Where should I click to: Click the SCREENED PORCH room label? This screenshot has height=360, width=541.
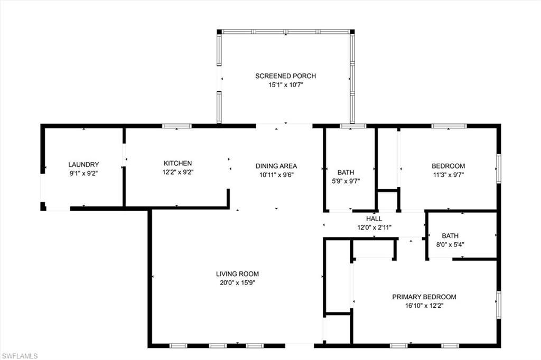pos(285,76)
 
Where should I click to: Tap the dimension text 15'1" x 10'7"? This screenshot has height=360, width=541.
pos(285,84)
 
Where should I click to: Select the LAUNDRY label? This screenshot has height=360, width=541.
pos(83,165)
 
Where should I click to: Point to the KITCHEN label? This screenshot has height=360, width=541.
pos(178,164)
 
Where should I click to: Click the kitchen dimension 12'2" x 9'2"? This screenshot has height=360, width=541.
pos(178,172)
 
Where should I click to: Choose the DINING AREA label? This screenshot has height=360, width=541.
pos(276,165)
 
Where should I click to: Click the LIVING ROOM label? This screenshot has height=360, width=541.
pos(237,274)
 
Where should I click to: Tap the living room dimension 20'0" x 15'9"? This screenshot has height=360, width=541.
pos(237,282)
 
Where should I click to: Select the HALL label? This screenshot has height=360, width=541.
pos(374,219)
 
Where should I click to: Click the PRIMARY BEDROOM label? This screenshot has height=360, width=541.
pos(424,297)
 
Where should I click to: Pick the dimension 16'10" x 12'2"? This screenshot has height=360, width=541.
pos(424,306)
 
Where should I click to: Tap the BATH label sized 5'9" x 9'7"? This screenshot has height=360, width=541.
pos(346,173)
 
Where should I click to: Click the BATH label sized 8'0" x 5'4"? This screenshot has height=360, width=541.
pos(451,236)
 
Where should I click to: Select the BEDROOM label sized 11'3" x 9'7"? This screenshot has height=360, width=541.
pos(448,166)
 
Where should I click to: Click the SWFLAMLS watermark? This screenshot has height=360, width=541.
pos(20,356)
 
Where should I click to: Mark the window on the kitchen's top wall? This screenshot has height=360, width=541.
pos(176,126)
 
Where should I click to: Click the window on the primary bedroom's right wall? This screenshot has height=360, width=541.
pos(498,305)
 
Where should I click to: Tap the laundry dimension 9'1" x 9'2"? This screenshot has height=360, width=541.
pos(83,173)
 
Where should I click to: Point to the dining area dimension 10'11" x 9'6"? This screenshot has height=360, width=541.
pos(276,175)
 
